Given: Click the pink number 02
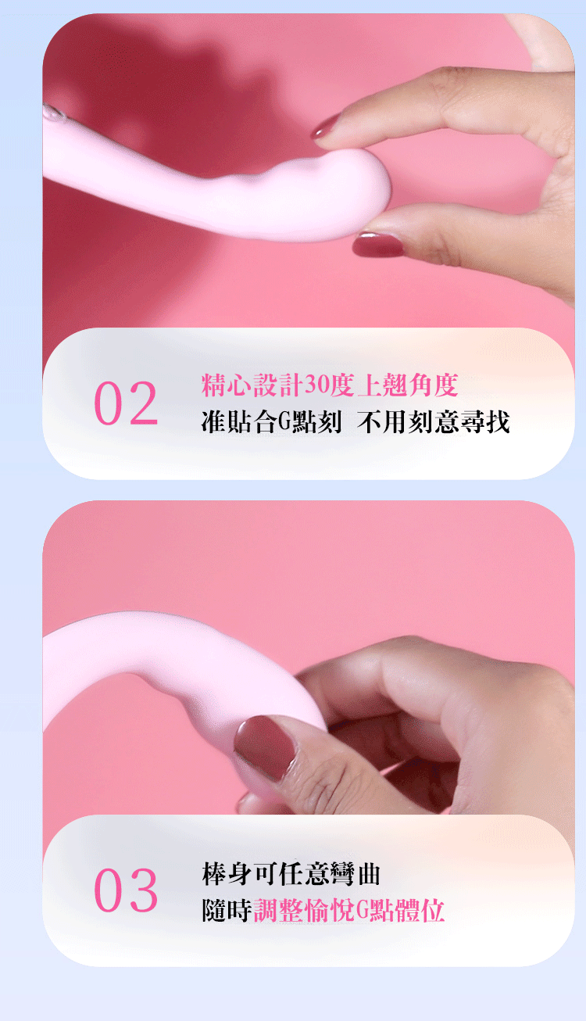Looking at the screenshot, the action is point(126,403).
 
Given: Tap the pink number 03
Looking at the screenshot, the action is point(126,890).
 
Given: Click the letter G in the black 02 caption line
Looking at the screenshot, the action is point(284,421).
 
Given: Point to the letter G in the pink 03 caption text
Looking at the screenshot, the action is point(363,910).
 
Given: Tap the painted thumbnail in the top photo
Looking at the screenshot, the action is point(378,244).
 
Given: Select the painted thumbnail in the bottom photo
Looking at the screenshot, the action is point(265,747).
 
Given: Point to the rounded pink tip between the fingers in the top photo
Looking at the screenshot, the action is point(365,189).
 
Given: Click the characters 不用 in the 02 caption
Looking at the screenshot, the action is point(382,421).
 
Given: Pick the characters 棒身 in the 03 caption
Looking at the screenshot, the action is point(227,874).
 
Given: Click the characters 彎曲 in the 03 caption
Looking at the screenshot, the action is point(355,874).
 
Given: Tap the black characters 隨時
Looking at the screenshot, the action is point(227,910).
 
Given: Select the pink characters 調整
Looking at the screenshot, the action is point(278,910).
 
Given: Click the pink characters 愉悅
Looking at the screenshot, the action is point(330,910).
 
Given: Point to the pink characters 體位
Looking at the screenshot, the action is point(420,910).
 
